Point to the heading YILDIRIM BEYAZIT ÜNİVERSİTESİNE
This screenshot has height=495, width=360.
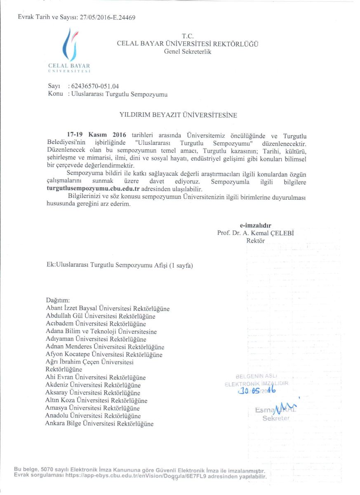point(178,115)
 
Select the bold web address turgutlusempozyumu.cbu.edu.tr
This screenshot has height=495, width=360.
point(93,189)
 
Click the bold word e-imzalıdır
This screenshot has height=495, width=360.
point(255,226)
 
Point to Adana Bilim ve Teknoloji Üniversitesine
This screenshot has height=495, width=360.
point(101,331)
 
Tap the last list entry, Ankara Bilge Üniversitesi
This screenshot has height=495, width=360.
point(99,423)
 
